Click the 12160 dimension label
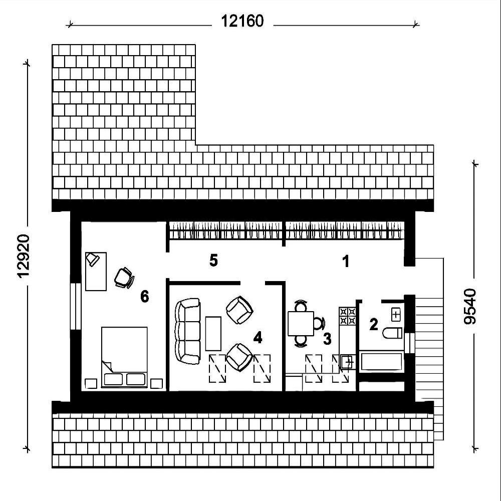(x=242, y=22)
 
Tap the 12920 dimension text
(x=24, y=256)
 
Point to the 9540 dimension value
(x=470, y=307)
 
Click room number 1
(x=346, y=262)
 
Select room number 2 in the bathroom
(x=374, y=324)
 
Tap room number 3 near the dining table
(x=327, y=339)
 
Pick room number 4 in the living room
(x=258, y=337)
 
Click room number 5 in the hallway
(x=213, y=261)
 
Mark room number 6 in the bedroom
(x=145, y=297)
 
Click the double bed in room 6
(x=124, y=357)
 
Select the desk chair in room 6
(x=124, y=278)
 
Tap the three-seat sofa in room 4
(x=188, y=331)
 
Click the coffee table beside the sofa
(x=213, y=334)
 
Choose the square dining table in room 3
(x=301, y=323)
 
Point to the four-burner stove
(x=347, y=316)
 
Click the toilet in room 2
(x=392, y=333)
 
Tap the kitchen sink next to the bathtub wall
(x=348, y=362)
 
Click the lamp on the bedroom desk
(x=92, y=259)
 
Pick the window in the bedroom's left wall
(x=76, y=306)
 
